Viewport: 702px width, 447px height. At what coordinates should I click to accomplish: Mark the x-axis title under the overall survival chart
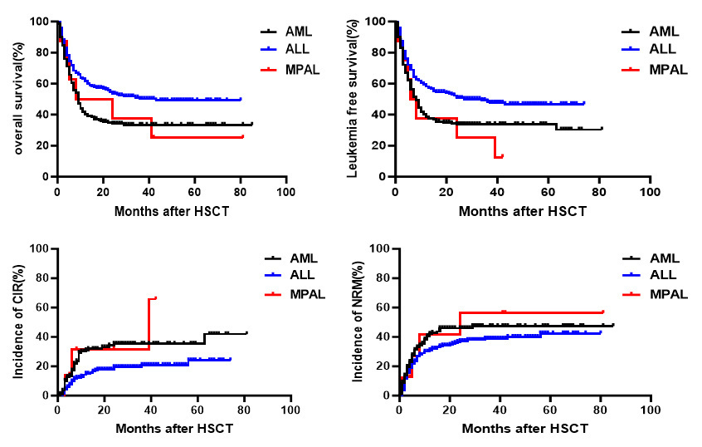click(x=171, y=211)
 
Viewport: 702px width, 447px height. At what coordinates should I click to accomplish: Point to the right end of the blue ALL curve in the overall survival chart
click(x=241, y=99)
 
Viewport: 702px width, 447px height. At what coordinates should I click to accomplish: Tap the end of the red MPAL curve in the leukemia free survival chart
click(x=502, y=155)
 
